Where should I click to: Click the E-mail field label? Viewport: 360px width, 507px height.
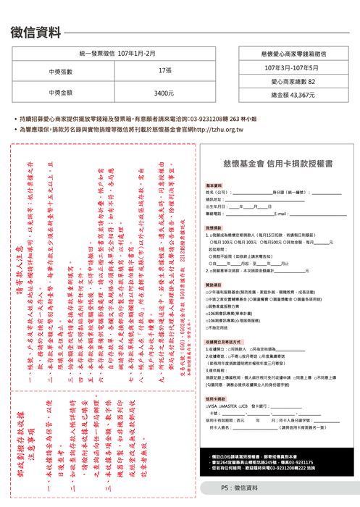tap(281, 214)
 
